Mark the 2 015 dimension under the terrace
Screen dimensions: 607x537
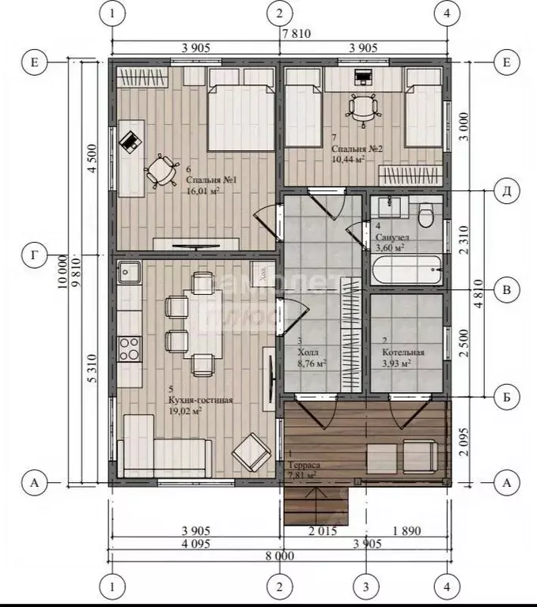(x=323, y=530)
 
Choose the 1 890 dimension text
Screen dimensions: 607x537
(x=407, y=530)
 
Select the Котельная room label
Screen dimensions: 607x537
(x=403, y=353)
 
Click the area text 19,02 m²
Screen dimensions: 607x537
(x=185, y=411)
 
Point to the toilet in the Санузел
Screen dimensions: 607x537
(x=427, y=213)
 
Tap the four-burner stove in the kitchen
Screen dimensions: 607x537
(x=129, y=347)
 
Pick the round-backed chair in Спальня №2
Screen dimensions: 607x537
(x=362, y=107)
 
